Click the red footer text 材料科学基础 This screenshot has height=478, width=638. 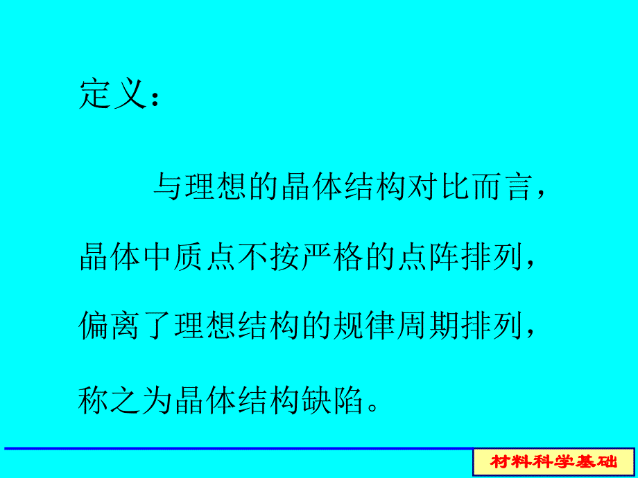553,461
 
